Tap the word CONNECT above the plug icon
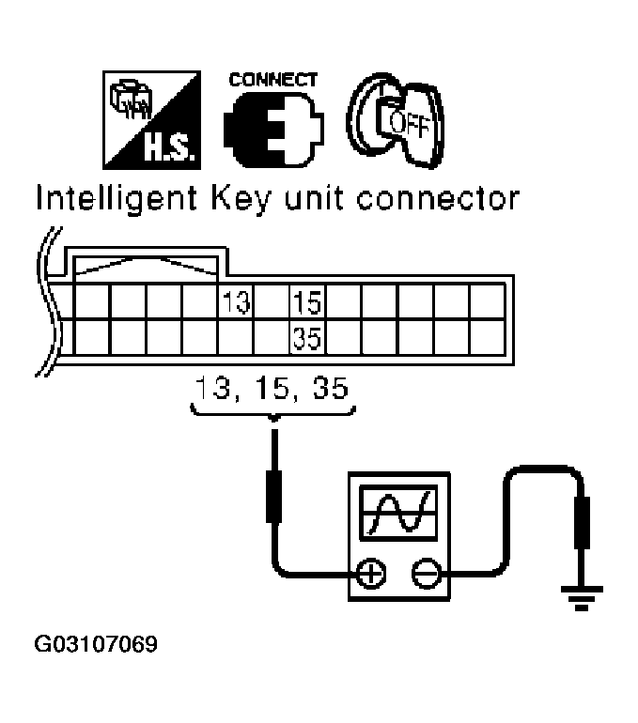pos(272,81)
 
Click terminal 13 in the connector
pos(237,303)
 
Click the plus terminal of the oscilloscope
pos(372,572)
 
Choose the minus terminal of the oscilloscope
pos(426,572)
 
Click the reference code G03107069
pos(95,645)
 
